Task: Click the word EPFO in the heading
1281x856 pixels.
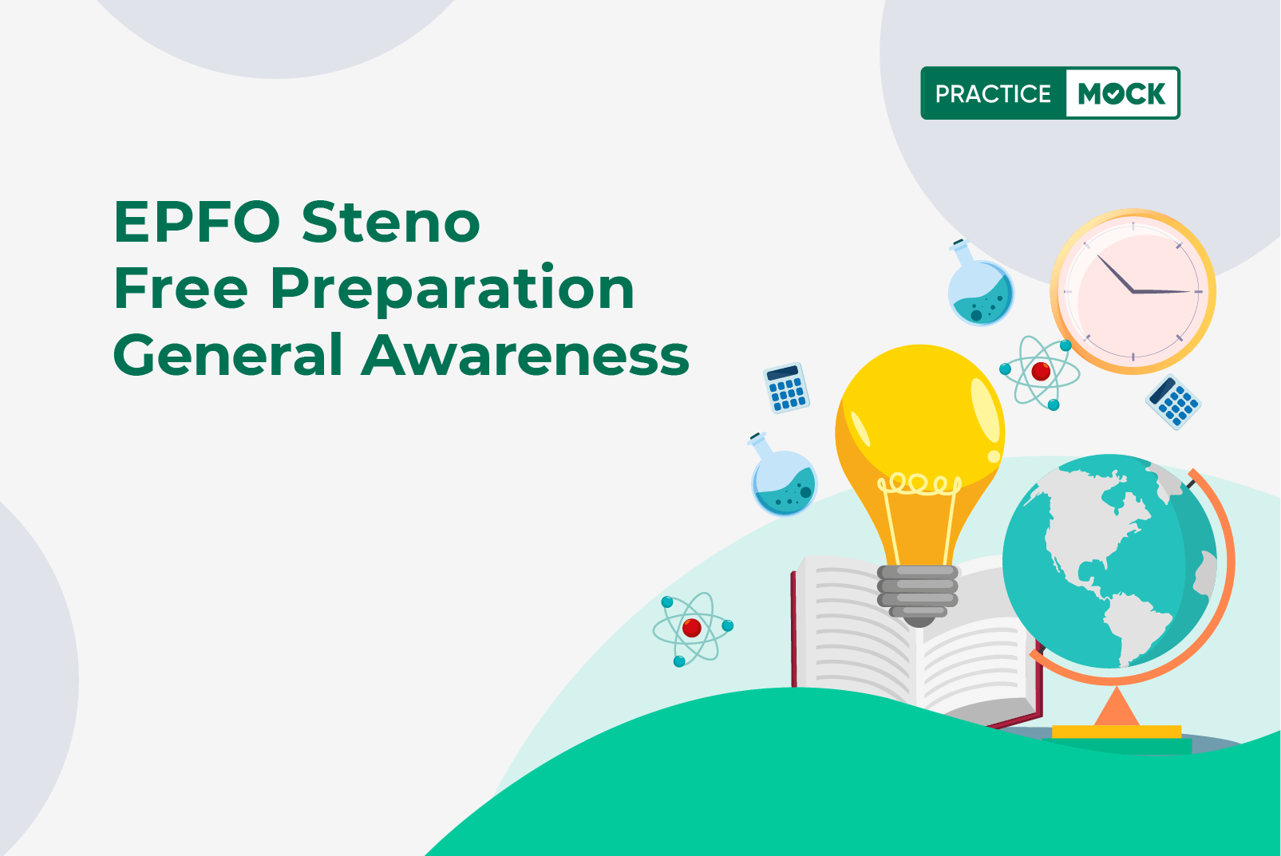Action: (196, 222)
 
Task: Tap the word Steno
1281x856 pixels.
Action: (391, 222)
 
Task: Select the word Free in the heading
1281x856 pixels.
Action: (180, 288)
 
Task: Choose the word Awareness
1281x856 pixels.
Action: (525, 355)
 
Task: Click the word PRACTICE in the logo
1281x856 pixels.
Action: (993, 93)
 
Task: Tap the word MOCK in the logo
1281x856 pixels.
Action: (1121, 93)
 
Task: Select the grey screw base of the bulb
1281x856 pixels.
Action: (918, 594)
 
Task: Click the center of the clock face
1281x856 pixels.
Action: (1133, 291)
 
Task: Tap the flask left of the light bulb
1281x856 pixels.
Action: (781, 475)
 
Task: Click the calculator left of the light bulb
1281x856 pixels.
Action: (786, 388)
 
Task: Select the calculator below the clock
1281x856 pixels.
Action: (1173, 402)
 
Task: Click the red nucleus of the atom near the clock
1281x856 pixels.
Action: (1041, 372)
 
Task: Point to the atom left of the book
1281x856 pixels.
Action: (693, 629)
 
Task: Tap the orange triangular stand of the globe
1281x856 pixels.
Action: (1117, 707)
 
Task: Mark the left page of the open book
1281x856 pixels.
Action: (855, 629)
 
